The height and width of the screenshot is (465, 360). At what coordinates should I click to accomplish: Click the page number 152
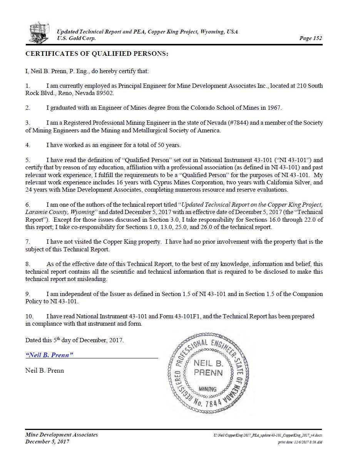pyautogui.click(x=310, y=38)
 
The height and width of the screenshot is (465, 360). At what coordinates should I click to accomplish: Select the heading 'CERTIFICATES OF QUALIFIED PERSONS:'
pyautogui.click(x=97, y=54)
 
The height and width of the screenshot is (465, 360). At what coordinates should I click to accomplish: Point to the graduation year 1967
pyautogui.click(x=273, y=108)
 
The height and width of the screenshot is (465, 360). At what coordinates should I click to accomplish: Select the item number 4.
pyautogui.click(x=28, y=145)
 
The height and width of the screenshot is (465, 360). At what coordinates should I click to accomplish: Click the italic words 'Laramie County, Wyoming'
pyautogui.click(x=60, y=212)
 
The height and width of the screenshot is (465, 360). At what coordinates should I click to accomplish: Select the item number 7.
pyautogui.click(x=28, y=242)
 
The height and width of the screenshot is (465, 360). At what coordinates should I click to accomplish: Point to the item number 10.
pyautogui.click(x=29, y=316)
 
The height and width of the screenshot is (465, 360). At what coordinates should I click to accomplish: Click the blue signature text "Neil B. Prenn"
pyautogui.click(x=49, y=355)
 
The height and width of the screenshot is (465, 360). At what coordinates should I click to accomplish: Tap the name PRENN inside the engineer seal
pyautogui.click(x=208, y=372)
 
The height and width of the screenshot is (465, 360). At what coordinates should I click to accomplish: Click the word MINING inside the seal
pyautogui.click(x=208, y=389)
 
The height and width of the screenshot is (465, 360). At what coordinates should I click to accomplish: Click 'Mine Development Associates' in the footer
pyautogui.click(x=62, y=435)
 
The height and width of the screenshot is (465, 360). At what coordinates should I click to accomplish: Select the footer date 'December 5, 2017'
pyautogui.click(x=47, y=442)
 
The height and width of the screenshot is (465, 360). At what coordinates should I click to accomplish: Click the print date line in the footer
pyautogui.click(x=300, y=442)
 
